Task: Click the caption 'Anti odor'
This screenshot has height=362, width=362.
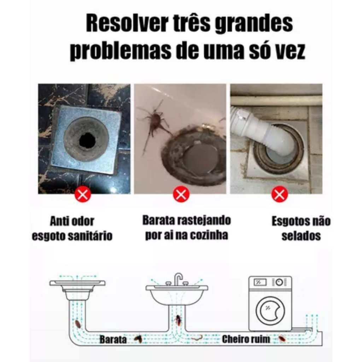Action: [72, 221]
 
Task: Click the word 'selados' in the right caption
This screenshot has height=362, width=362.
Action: [301, 236]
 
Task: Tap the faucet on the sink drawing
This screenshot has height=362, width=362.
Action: [178, 278]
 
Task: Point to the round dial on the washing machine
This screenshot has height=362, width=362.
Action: [279, 282]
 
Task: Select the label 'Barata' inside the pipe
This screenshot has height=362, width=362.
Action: [113, 340]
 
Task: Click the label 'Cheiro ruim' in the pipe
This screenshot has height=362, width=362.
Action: [246, 339]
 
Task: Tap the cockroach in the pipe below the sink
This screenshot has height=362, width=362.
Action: [179, 320]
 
